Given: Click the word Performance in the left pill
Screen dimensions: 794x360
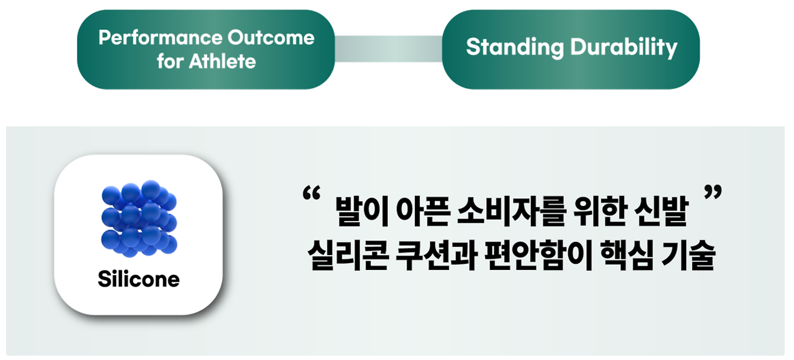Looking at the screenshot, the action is point(160,38).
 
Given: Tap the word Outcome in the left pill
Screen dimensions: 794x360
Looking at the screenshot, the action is point(271,38).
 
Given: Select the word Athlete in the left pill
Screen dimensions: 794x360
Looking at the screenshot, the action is point(222,61).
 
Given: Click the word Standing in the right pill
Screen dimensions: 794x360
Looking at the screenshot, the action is point(515,48).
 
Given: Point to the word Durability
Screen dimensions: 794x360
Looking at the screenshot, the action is point(624,48).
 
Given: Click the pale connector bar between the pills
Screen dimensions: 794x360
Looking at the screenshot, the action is point(388,48).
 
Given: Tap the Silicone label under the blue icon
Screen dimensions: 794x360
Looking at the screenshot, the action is point(138,279).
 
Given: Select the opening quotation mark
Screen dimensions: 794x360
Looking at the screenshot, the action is point(311,194).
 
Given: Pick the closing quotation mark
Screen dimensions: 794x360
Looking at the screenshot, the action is point(713,192).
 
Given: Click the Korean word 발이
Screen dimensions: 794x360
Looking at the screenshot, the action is point(362,212).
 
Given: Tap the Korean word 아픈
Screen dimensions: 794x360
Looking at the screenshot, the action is point(422,212).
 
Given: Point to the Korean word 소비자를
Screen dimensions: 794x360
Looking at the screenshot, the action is point(511,212).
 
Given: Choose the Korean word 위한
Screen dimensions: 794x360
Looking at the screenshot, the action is point(599,212).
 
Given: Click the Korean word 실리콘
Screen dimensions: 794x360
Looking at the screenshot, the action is point(347,255).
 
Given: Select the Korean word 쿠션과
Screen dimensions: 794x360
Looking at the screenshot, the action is point(435,255).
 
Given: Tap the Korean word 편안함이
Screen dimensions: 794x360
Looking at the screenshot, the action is point(538,255).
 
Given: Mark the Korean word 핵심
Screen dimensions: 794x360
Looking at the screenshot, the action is point(627,255).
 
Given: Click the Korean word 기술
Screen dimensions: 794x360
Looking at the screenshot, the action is point(688,255).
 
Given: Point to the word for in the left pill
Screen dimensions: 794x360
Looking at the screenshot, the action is point(170,61).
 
